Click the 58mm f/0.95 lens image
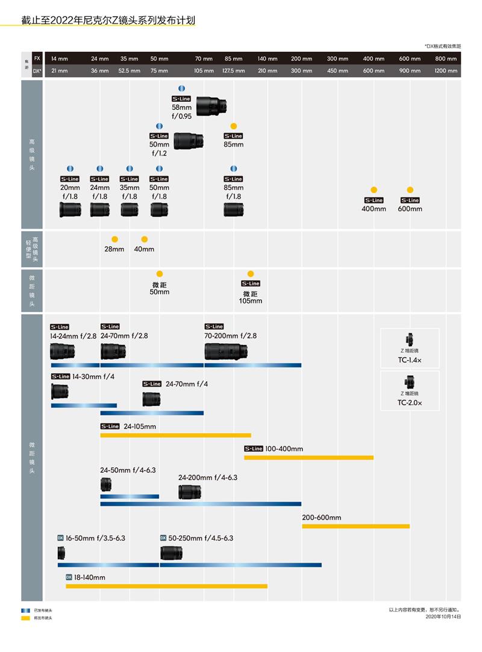click(211, 106)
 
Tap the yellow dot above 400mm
click(374, 189)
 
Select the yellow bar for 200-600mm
click(355, 527)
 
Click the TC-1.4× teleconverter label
click(410, 361)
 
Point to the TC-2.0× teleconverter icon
click(410, 381)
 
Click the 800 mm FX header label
click(446, 59)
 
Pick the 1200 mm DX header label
click(446, 71)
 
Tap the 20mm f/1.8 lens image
click(69, 209)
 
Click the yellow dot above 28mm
click(114, 239)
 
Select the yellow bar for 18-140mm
click(166, 586)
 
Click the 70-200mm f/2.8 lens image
click(227, 351)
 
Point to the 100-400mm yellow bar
click(308, 457)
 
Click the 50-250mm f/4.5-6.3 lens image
click(172, 553)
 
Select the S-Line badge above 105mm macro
click(251, 283)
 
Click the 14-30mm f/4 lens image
click(60, 391)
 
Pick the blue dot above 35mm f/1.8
click(129, 169)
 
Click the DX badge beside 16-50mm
click(60, 537)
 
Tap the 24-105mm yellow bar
click(175, 435)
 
